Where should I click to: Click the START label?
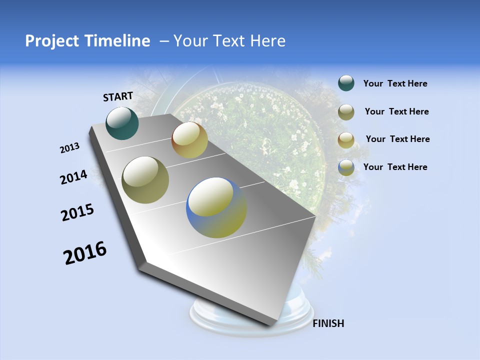[x=118, y=96]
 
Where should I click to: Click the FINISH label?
[x=328, y=323]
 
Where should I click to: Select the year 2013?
[x=70, y=148]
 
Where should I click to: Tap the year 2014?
[x=74, y=177]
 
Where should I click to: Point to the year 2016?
[x=85, y=253]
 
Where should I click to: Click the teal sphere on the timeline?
[x=122, y=123]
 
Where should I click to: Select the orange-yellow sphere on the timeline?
[x=189, y=140]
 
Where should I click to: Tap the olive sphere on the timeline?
[x=145, y=180]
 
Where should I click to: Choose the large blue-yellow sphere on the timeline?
[x=216, y=207]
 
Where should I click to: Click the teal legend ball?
[x=346, y=83]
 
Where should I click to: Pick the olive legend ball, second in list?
[x=346, y=112]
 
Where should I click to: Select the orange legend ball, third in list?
[x=346, y=139]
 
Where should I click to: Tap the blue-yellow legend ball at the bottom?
[x=346, y=167]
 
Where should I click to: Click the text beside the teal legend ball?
[x=395, y=84]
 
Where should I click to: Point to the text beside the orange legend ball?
[x=397, y=139]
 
